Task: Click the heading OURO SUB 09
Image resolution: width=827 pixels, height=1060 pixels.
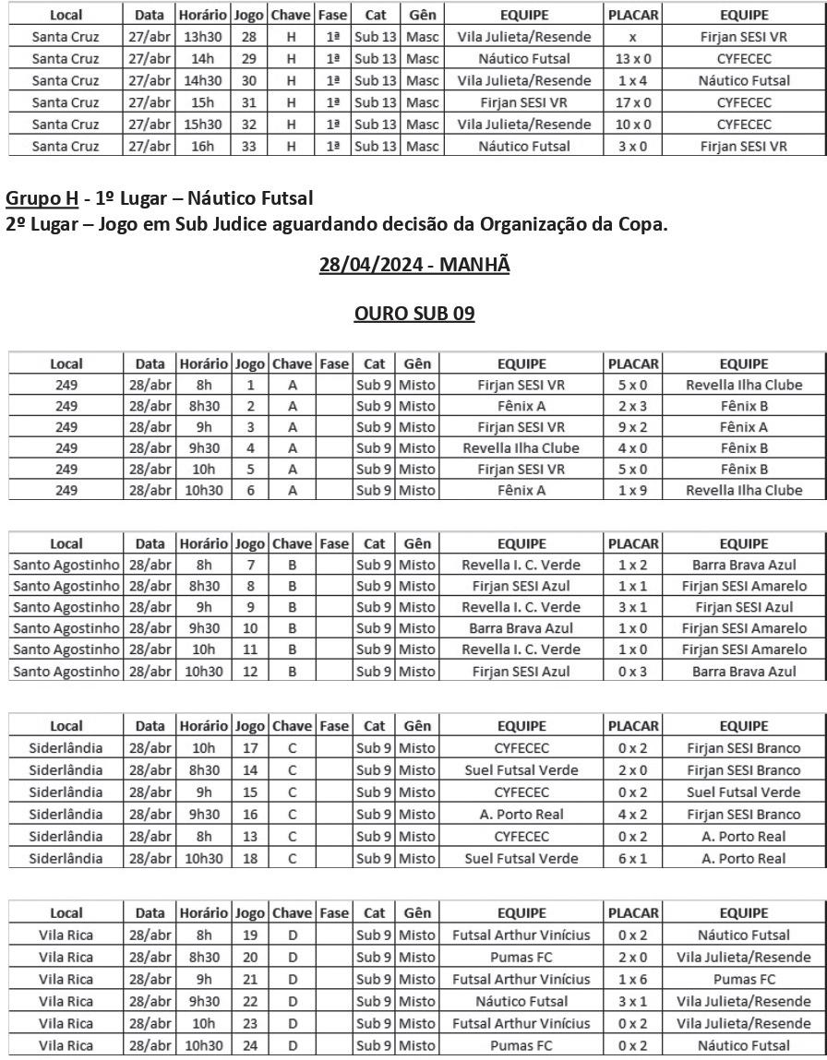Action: tap(414, 314)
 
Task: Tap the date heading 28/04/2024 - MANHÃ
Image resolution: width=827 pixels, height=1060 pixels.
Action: tap(414, 265)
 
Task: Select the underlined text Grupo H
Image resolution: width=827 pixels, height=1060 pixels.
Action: tap(41, 197)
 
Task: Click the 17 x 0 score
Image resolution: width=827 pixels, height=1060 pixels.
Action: tap(633, 102)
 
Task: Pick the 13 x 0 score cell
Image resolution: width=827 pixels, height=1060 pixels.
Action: tap(633, 58)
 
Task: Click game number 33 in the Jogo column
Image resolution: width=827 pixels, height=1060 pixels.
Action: tap(249, 146)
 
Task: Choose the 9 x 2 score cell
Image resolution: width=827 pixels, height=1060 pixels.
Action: tap(633, 427)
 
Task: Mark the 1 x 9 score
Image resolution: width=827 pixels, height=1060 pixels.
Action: tap(633, 491)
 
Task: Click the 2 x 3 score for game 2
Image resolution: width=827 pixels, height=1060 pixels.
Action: tap(633, 406)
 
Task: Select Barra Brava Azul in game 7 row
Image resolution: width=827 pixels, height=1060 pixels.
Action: tap(744, 566)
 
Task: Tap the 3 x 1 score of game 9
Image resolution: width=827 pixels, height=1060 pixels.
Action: tap(633, 608)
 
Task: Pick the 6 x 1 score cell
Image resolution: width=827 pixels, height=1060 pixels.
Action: tap(633, 859)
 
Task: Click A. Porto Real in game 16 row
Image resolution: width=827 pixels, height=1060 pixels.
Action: tap(522, 815)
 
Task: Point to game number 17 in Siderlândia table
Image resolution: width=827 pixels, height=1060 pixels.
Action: tap(249, 748)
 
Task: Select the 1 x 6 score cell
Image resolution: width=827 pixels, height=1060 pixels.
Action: tap(633, 980)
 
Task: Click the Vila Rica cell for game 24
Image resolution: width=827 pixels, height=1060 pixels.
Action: tap(66, 1046)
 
